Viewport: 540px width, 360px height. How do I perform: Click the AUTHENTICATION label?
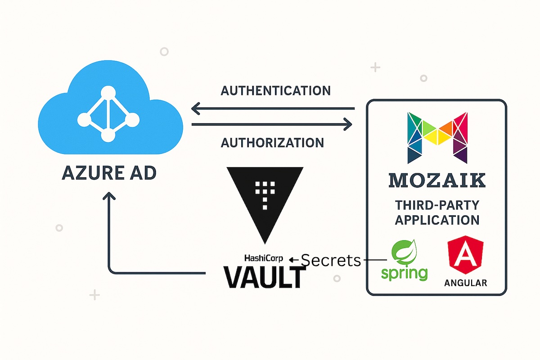point(275,90)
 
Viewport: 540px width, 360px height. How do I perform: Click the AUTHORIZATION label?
point(272,143)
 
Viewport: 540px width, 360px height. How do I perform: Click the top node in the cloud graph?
point(108,93)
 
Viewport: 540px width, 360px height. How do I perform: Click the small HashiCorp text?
point(265,258)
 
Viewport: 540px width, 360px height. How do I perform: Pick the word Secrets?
point(330,260)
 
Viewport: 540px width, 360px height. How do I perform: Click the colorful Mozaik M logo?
point(437,137)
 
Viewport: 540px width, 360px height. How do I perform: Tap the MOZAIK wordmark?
point(437,180)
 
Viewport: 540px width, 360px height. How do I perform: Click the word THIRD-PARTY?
point(437,206)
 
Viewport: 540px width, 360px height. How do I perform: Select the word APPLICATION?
point(437,220)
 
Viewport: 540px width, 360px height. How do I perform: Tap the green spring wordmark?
point(404,273)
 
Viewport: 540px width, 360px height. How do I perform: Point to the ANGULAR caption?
point(465,283)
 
